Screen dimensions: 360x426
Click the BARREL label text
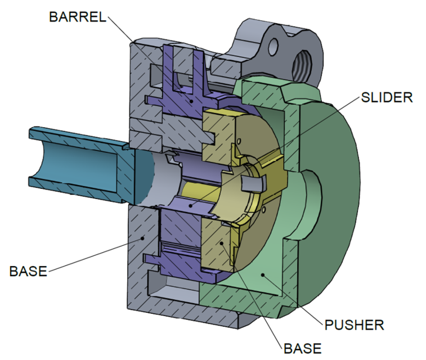(x=78, y=16)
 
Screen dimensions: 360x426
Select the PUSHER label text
(x=354, y=325)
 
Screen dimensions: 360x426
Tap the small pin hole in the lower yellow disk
(x=263, y=212)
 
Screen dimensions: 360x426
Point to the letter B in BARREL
(x=53, y=16)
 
